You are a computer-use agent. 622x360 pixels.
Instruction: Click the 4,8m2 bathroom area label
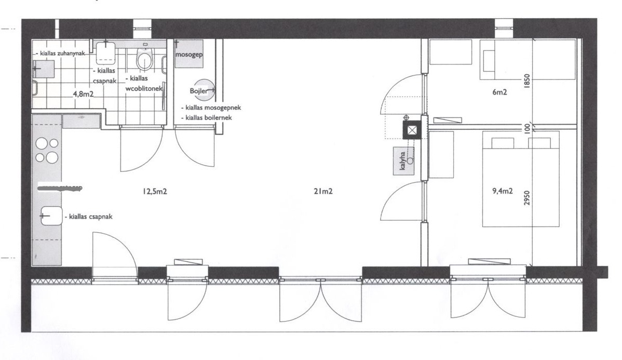point(83,95)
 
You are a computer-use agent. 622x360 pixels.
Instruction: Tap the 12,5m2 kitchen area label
point(155,192)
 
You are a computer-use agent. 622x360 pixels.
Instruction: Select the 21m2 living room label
point(323,192)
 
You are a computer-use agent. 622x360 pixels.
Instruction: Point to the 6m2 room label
point(499,92)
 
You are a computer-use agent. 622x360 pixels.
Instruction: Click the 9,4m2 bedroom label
point(502,191)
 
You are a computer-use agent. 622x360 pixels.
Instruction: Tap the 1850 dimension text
point(527,82)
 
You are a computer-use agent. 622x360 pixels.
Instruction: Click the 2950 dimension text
point(527,198)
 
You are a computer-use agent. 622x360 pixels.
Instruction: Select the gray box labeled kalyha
point(403,161)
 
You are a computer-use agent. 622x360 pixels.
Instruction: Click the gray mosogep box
point(189,54)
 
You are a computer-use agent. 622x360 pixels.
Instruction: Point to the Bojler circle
point(206,91)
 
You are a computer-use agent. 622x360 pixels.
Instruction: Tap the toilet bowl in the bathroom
point(144,60)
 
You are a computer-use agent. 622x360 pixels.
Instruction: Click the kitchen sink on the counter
point(51,216)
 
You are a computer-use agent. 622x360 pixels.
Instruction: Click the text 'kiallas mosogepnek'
point(213,108)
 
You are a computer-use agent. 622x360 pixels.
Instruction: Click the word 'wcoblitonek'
point(144,88)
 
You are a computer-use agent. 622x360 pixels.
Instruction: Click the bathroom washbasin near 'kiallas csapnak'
point(105,52)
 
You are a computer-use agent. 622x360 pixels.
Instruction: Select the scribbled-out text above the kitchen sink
point(60,188)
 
